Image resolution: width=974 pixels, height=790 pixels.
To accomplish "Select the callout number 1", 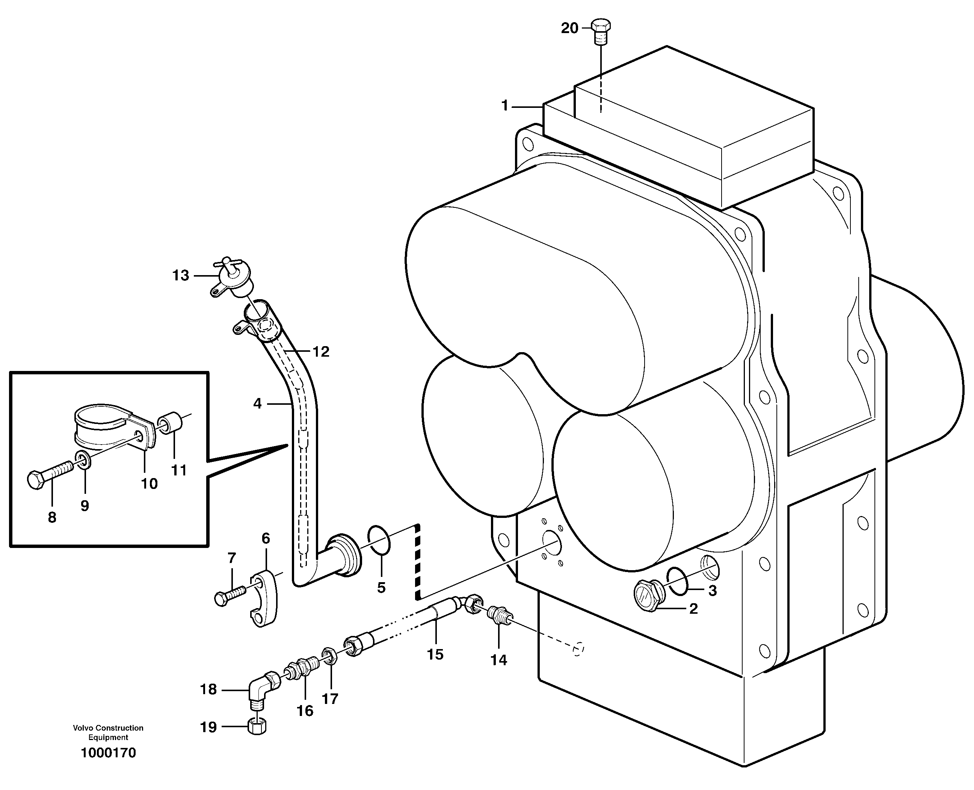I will (504, 106).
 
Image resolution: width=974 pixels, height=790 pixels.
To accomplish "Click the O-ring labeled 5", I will (379, 540).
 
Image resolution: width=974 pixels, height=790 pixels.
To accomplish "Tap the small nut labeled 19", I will (258, 727).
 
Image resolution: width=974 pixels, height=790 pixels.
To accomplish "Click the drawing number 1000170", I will (108, 753).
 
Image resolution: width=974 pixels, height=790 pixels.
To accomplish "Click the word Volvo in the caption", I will (83, 728).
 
